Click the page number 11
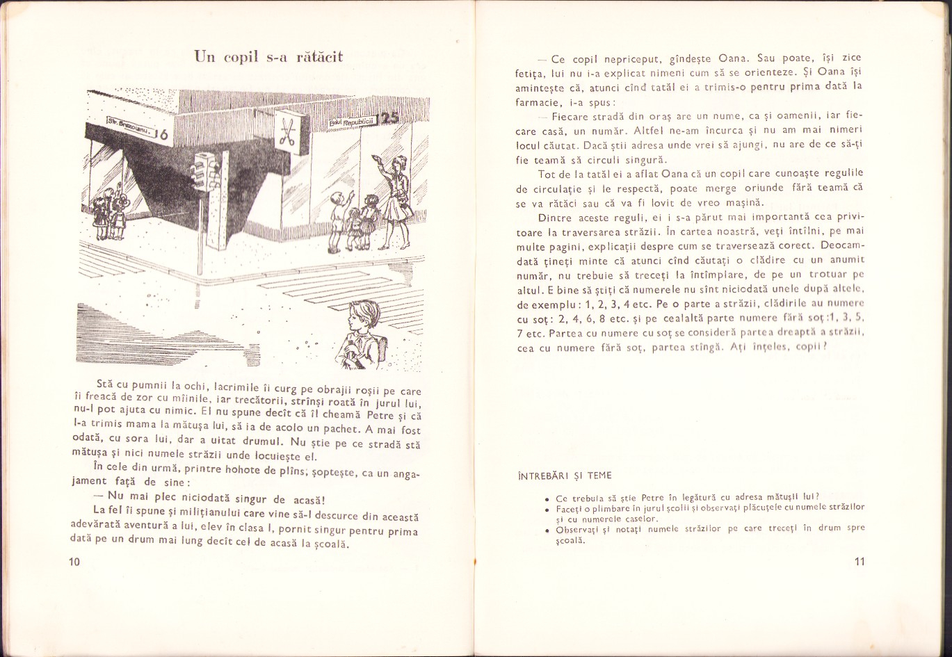(860, 562)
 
